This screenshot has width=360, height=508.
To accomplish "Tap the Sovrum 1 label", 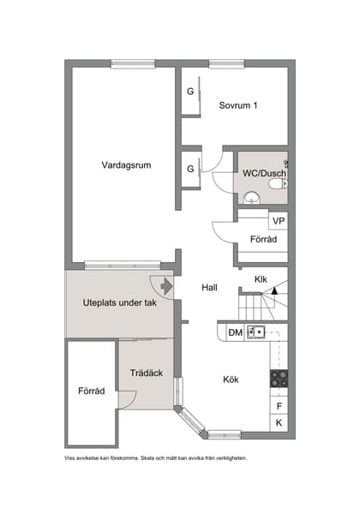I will pyautogui.click(x=237, y=105).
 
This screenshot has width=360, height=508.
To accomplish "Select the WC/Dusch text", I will pyautogui.click(x=264, y=173).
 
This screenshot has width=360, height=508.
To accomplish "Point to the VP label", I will pyautogui.click(x=279, y=221).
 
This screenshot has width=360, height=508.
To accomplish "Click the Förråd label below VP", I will pyautogui.click(x=262, y=240).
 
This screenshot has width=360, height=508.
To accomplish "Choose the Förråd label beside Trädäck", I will pyautogui.click(x=91, y=391).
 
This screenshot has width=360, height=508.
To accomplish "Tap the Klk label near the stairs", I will pyautogui.click(x=261, y=279).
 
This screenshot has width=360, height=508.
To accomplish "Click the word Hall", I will pyautogui.click(x=210, y=288).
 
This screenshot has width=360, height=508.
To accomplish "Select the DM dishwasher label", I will pyautogui.click(x=234, y=332).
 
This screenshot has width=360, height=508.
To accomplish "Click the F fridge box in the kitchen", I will pyautogui.click(x=279, y=406).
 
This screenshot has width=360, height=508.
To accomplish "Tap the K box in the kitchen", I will pyautogui.click(x=279, y=423).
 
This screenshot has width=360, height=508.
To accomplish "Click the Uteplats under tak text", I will pyautogui.click(x=119, y=302).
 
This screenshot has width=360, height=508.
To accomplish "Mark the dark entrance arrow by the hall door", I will pyautogui.click(x=166, y=287).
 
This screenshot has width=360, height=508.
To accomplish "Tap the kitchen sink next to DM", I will pyautogui.click(x=255, y=332).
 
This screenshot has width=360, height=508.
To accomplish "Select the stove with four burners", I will pyautogui.click(x=279, y=378).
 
